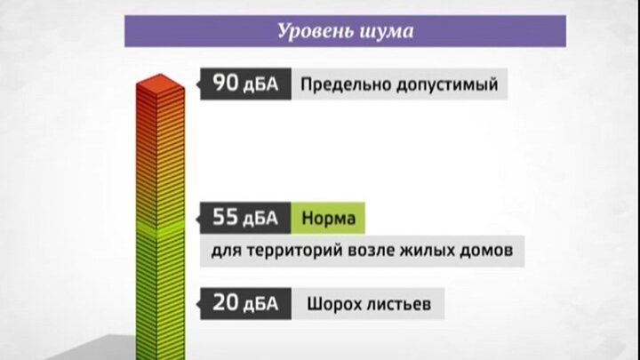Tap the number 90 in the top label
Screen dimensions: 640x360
(226, 83)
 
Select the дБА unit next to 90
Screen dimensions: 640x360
(260, 85)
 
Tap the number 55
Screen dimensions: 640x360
(225, 217)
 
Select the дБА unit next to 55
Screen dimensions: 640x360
(260, 219)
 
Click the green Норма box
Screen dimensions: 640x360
(328, 218)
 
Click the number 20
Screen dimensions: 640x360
(226, 302)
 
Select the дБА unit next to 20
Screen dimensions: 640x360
(260, 305)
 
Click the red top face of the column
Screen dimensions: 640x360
(160, 84)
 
